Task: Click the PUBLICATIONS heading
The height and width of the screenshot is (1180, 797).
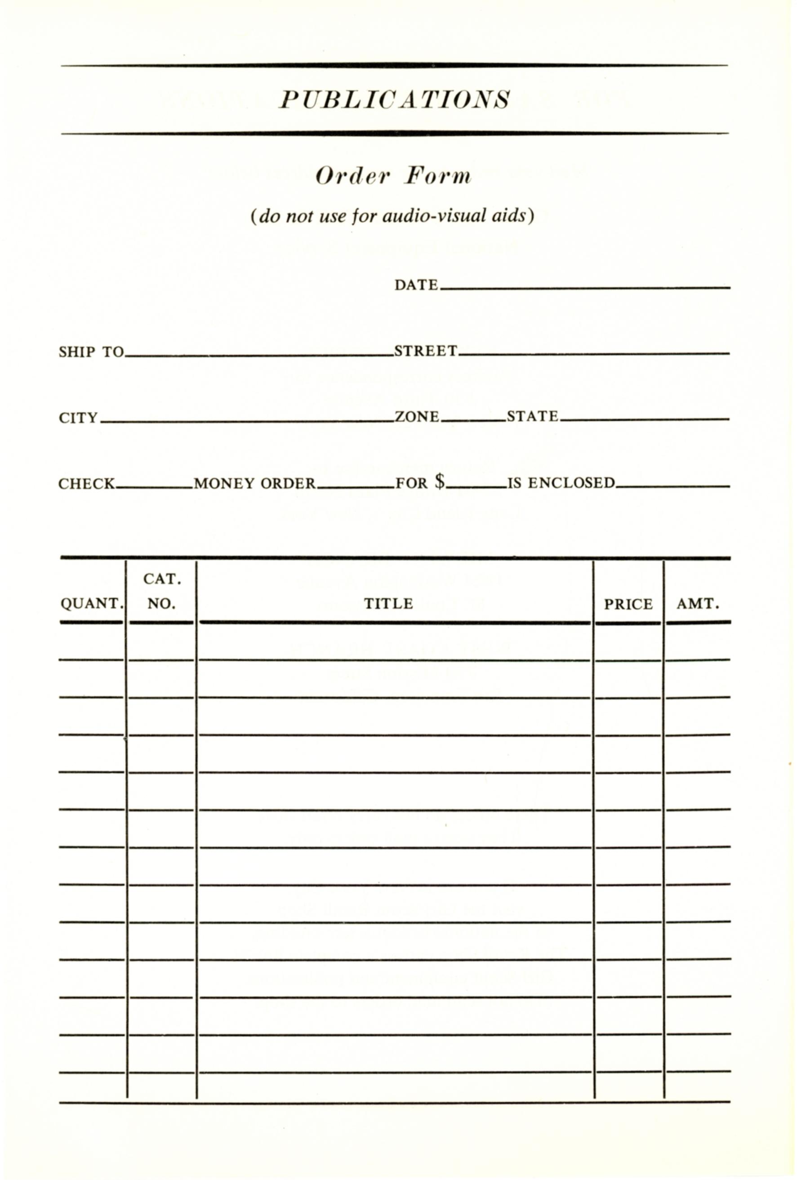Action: (x=394, y=99)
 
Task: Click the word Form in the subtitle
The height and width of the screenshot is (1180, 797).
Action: (x=437, y=176)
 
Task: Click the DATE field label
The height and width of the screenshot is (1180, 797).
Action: (x=416, y=285)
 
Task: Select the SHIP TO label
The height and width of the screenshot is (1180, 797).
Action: (x=91, y=352)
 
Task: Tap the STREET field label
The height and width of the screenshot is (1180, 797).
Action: (x=425, y=351)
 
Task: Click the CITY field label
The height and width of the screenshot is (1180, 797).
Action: (x=78, y=418)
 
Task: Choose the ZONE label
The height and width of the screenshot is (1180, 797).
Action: (x=416, y=417)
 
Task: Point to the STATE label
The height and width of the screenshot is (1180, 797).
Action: (x=532, y=417)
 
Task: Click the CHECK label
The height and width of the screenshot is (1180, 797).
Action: (x=86, y=483)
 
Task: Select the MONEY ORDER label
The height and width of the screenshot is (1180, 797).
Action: (x=254, y=483)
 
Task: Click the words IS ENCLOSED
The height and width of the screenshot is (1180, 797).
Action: (x=561, y=482)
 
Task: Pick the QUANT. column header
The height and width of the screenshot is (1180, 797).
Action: (x=91, y=604)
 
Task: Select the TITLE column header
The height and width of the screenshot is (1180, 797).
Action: (x=388, y=603)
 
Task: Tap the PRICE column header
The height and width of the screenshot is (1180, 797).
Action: (x=628, y=604)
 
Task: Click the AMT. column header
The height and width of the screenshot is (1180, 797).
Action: (x=698, y=604)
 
